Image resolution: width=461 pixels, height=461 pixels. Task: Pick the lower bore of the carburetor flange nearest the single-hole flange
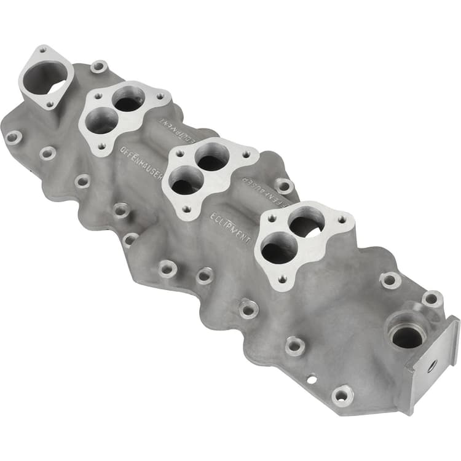[102, 122]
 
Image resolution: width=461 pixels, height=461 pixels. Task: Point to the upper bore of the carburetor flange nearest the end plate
[306, 224]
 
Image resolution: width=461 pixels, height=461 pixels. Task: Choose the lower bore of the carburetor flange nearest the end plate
[277, 248]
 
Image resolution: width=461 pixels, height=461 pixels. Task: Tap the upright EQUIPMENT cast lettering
[230, 228]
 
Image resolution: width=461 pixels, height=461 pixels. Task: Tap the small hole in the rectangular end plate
[433, 364]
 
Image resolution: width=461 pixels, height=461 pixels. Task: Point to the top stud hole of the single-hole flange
[42, 49]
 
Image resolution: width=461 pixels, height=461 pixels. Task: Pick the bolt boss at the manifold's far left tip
[13, 136]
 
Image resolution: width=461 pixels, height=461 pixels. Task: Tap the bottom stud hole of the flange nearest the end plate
[283, 280]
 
